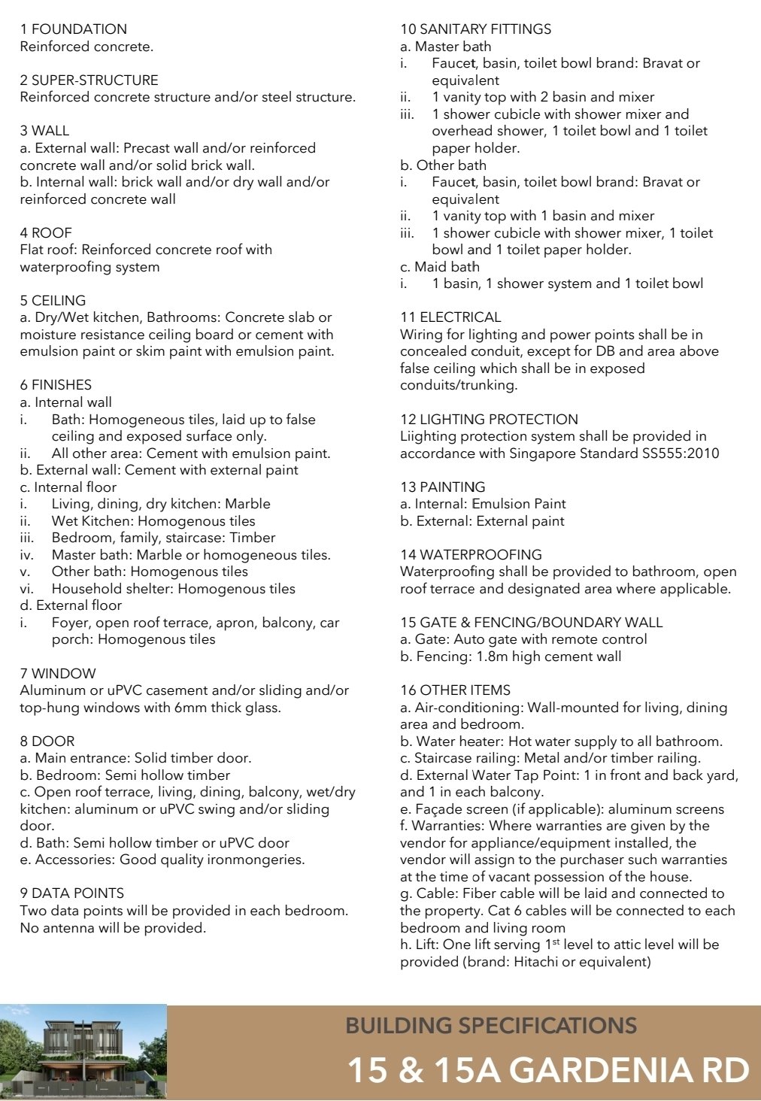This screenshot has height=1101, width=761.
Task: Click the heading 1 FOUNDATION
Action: [74, 29]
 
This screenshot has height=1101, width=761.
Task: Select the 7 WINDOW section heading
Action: [58, 673]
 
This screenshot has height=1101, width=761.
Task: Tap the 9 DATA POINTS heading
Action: [72, 893]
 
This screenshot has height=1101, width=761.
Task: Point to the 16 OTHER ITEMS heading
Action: [455, 690]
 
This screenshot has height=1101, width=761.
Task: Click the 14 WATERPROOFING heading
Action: [471, 555]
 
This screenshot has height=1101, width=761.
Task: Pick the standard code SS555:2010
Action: [680, 453]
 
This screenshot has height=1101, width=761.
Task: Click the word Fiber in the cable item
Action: [480, 893]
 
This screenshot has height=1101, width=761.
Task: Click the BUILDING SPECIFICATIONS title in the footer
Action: [491, 1026]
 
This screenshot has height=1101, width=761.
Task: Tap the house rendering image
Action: [83, 1053]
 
